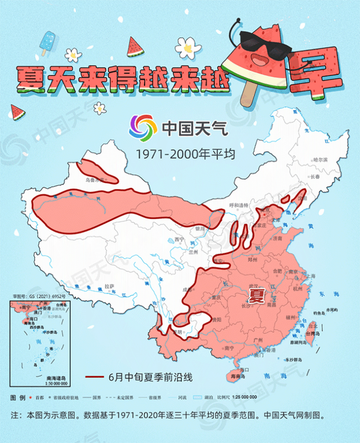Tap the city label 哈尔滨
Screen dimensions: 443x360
(x=320, y=160)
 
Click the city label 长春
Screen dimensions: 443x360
(x=315, y=177)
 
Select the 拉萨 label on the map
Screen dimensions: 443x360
(x=109, y=286)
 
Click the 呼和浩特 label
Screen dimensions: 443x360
(x=239, y=205)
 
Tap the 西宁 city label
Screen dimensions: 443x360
(x=178, y=239)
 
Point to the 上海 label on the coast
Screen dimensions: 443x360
(x=310, y=276)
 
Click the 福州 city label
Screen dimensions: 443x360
(x=290, y=317)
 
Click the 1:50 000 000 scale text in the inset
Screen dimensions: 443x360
(x=57, y=383)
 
